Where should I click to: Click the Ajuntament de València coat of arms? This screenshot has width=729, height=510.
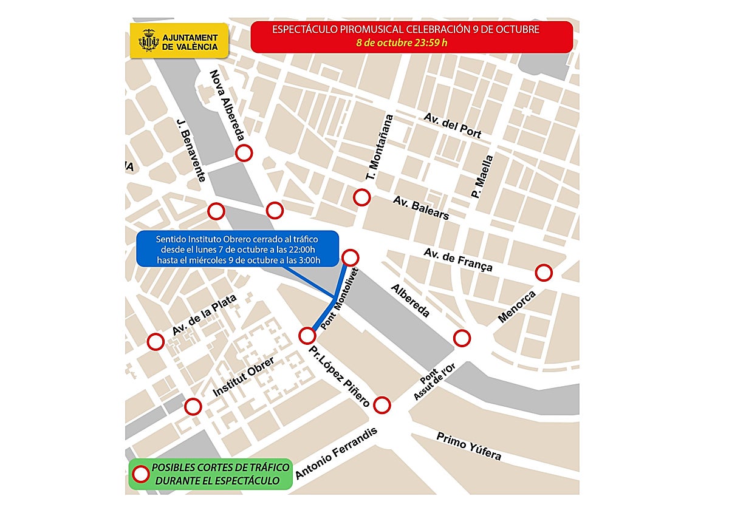(148, 41)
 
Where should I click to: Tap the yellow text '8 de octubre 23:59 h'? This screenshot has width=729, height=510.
(412, 42)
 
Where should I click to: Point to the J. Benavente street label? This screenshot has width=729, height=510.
(191, 150)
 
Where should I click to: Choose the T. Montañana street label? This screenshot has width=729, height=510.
(379, 148)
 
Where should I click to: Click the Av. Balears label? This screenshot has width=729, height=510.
(421, 208)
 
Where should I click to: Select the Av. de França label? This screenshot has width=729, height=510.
(458, 260)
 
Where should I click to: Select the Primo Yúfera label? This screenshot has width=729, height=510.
(469, 446)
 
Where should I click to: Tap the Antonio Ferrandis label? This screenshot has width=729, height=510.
(336, 454)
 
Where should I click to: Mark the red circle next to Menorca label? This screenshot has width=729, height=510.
(544, 273)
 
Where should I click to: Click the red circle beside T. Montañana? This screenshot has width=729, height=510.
(362, 197)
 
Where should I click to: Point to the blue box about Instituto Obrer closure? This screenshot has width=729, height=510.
(237, 249)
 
